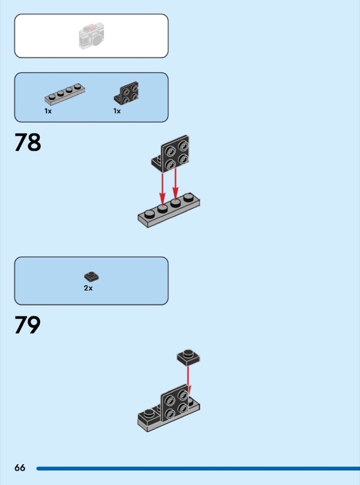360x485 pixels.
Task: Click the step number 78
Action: tap(28, 142)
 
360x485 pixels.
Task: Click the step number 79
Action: tap(28, 325)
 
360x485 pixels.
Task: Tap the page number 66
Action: tap(20, 467)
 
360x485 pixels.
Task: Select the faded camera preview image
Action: tap(92, 36)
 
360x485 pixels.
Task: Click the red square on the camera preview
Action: tap(92, 27)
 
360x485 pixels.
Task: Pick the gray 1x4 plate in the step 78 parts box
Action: tap(65, 94)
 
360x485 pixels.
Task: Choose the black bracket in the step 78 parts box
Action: tap(126, 93)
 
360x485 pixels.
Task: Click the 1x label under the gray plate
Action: tap(48, 111)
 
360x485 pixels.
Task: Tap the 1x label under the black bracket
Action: tap(117, 111)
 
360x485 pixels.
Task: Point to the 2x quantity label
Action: tap(88, 288)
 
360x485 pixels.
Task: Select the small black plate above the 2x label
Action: tap(92, 277)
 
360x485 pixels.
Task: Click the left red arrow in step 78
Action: tap(162, 188)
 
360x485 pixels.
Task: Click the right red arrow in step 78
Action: tap(176, 183)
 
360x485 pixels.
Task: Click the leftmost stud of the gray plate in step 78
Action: tap(150, 214)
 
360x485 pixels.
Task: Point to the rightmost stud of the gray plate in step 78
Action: tap(188, 197)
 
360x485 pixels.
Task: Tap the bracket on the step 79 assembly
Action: tap(175, 403)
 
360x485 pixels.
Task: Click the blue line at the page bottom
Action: tap(198, 469)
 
